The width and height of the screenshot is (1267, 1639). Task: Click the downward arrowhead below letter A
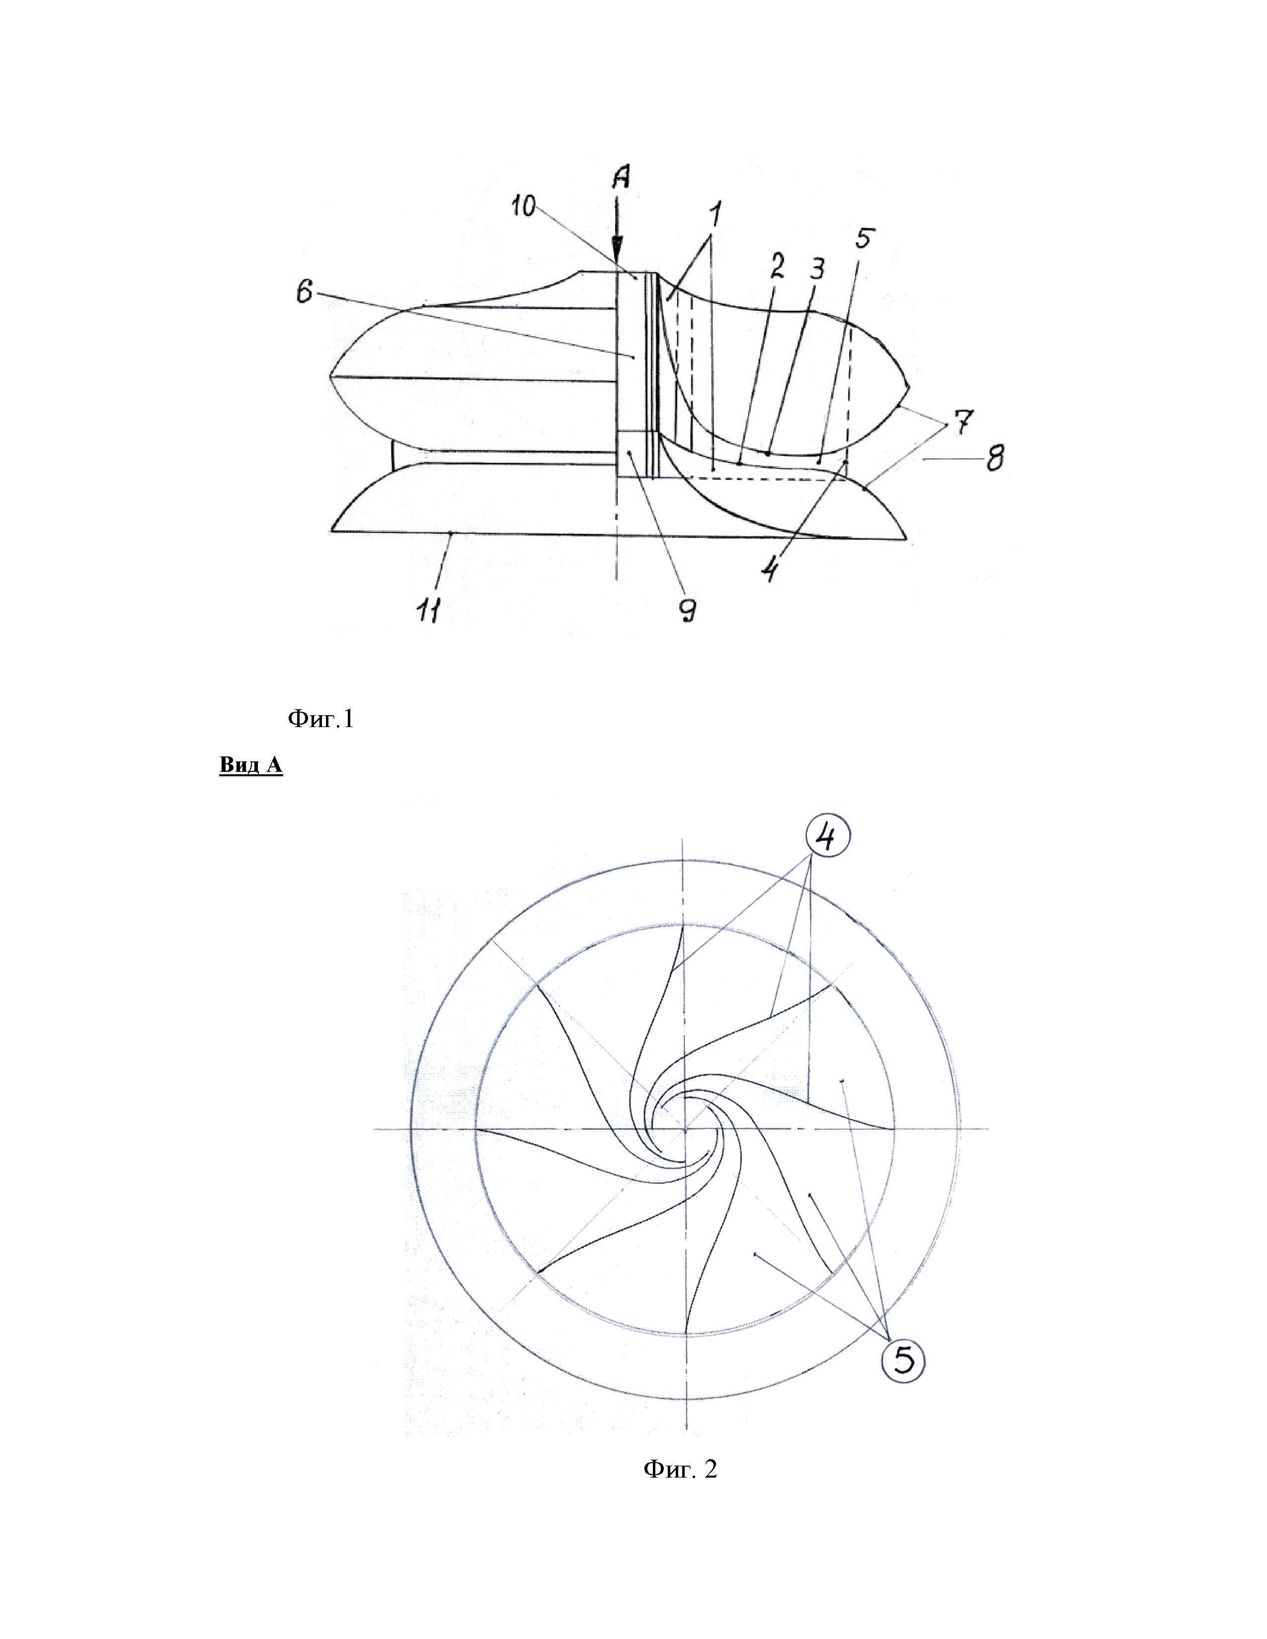coord(617,256)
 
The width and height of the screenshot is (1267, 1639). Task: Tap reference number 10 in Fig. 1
coord(525,206)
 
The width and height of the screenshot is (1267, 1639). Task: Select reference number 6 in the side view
coord(304,292)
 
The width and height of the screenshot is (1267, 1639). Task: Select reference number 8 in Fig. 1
coord(995,457)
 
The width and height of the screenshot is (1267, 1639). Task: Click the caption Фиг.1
coord(320,721)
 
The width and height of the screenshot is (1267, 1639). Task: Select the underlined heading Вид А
coord(251,765)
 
